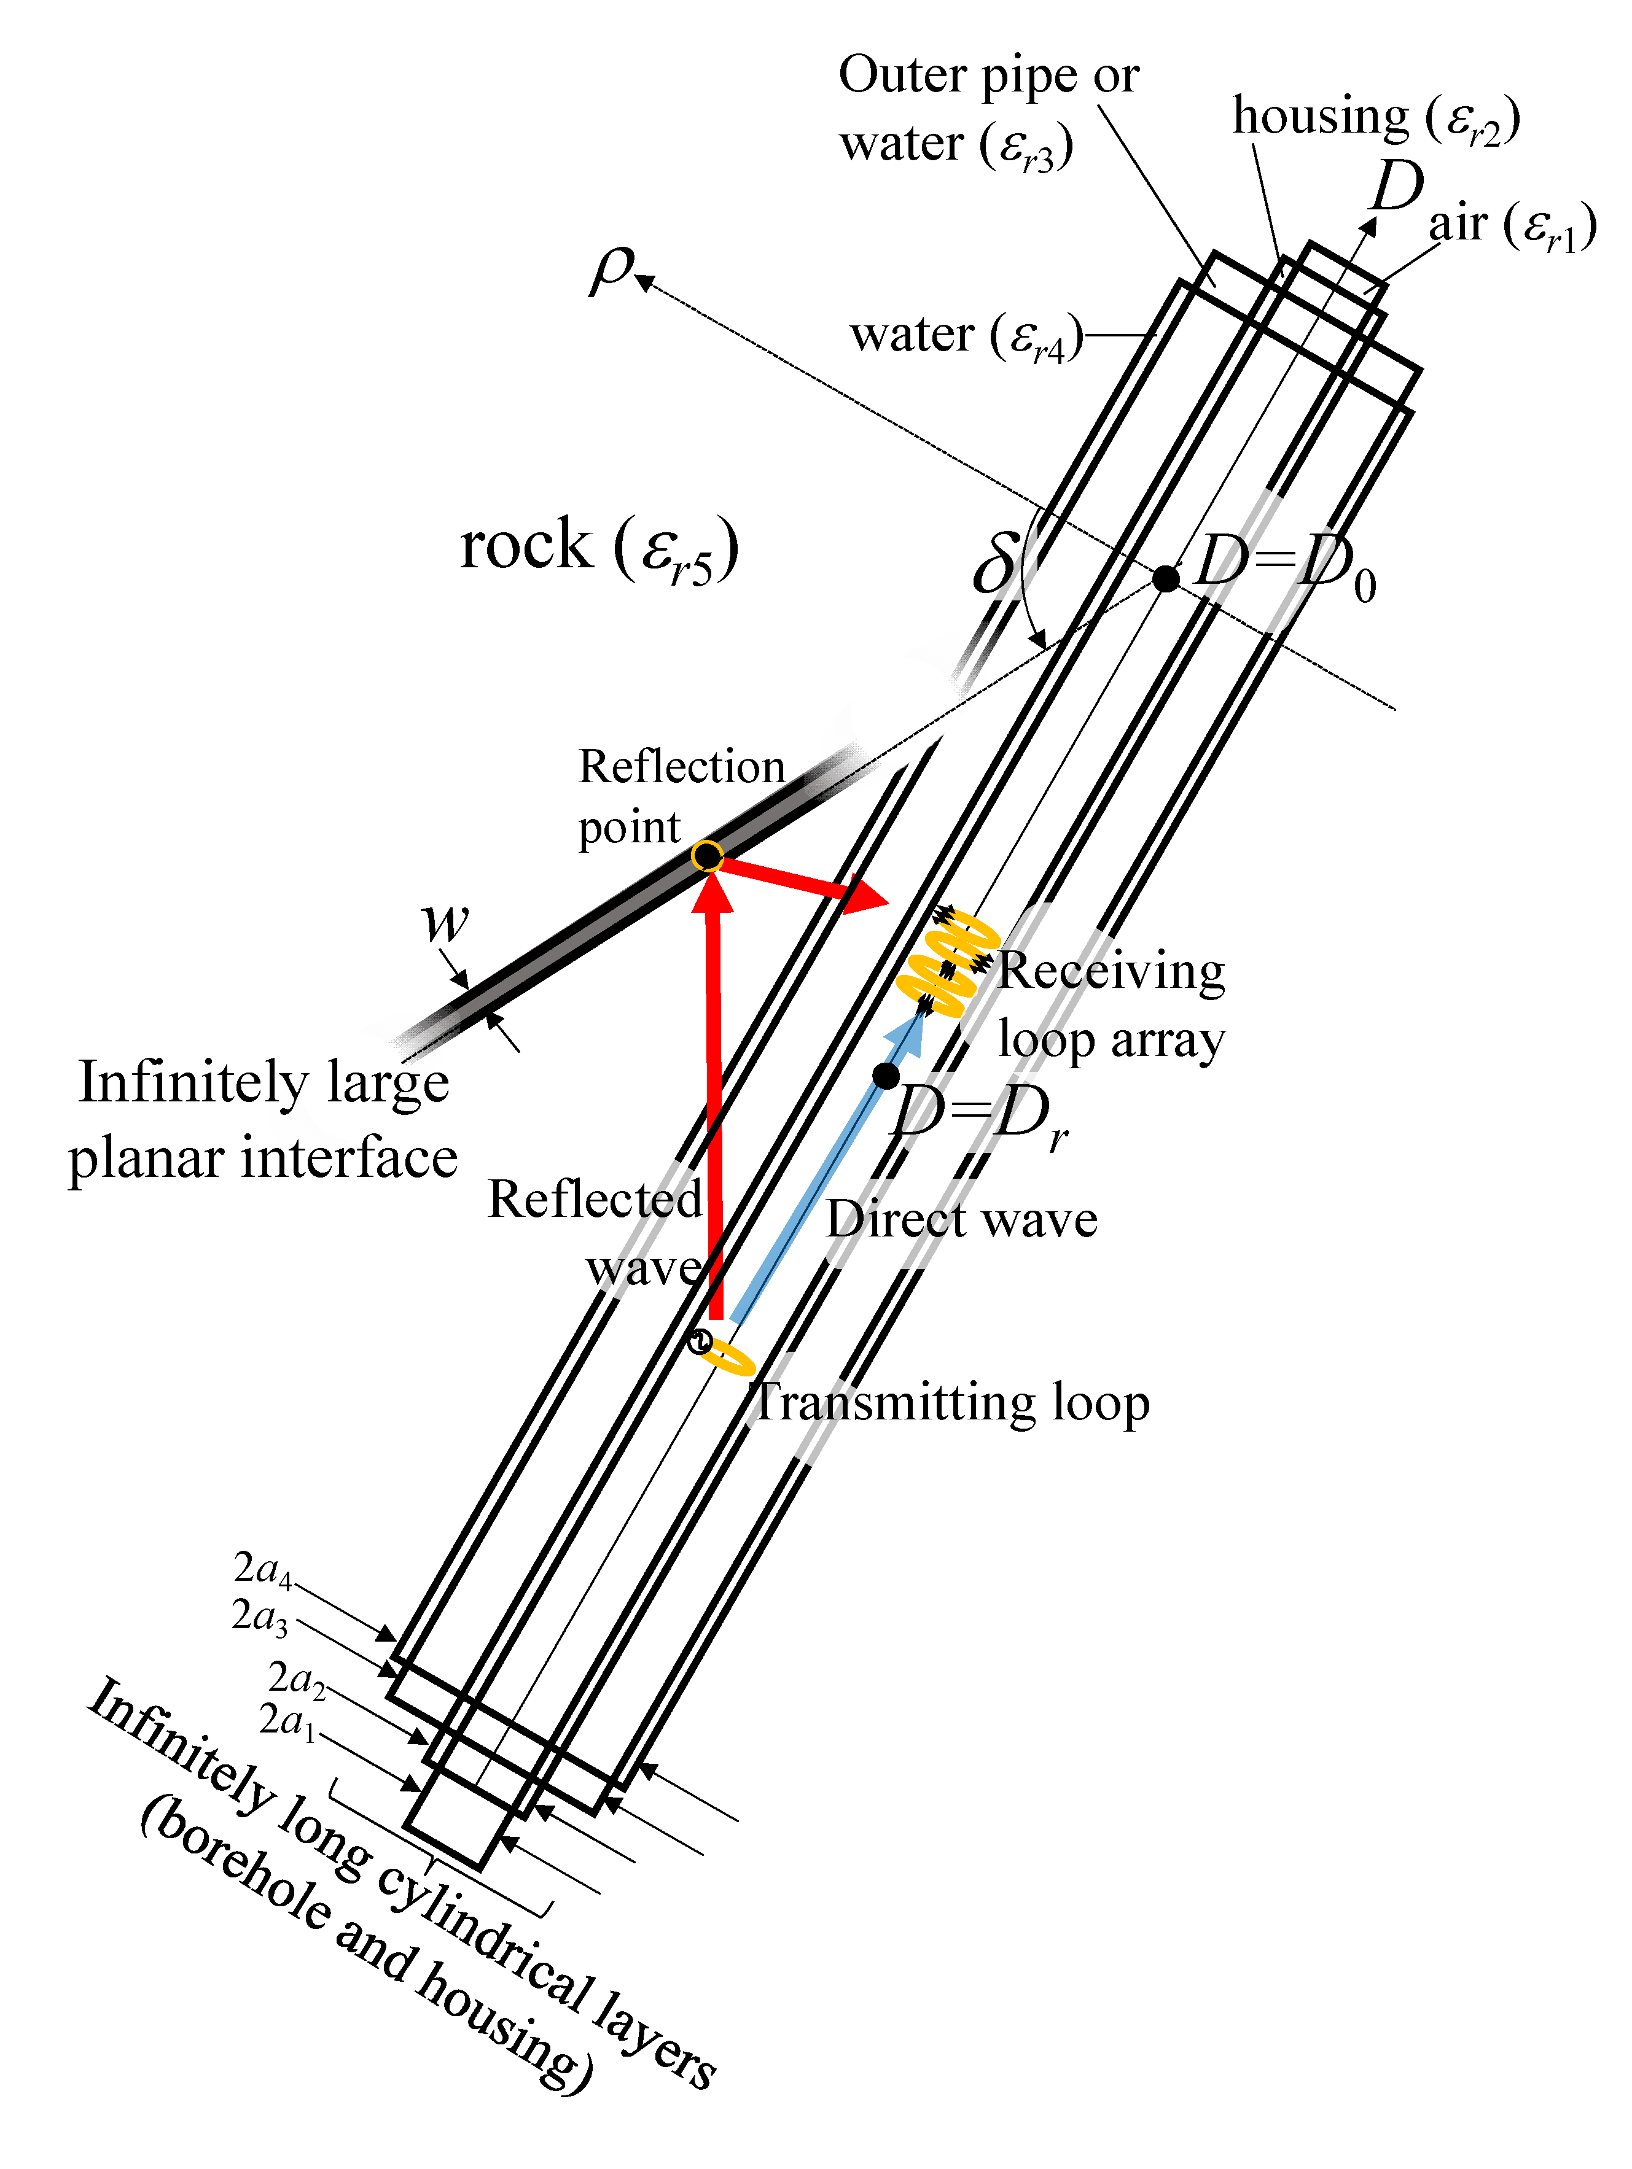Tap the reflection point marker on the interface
tap(706, 856)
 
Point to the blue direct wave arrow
tap(829, 1167)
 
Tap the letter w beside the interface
tap(444, 922)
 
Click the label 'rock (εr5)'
tap(598, 547)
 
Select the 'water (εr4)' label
tap(966, 336)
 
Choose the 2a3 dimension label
tap(260, 1616)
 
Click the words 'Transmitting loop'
tap(951, 1402)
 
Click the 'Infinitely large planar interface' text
tap(263, 1120)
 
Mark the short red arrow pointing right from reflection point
tap(804, 880)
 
